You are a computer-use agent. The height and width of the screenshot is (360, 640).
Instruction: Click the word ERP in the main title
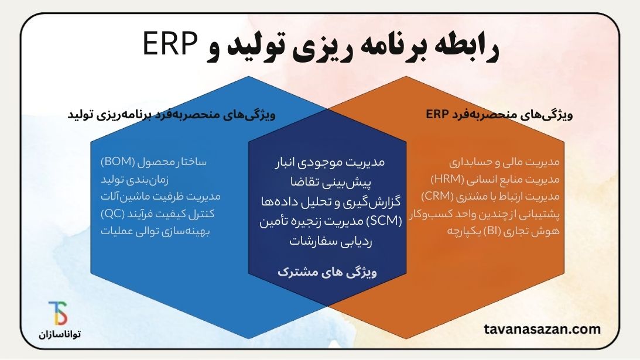pos(170,44)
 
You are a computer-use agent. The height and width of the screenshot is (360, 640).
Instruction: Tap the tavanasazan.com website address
pos(542,329)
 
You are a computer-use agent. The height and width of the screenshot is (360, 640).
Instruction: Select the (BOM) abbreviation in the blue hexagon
pos(118,162)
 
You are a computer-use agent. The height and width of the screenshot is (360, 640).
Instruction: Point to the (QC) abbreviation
pos(112,214)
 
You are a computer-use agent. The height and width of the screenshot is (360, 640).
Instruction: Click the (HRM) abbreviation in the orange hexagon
pos(447,179)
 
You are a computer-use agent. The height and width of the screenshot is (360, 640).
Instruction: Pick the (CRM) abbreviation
pos(437,196)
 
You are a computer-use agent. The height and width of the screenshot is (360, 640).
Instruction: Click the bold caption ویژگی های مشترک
pos(327,272)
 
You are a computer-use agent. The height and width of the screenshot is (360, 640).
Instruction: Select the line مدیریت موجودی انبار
pos(330,162)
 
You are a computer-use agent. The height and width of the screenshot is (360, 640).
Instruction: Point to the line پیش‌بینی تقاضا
pos(331,181)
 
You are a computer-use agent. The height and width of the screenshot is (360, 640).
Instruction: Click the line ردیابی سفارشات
pos(331,241)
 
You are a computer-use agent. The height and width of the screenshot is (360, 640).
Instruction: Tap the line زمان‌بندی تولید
pos(135,180)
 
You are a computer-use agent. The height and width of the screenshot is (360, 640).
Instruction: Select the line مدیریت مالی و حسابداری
pos(504,162)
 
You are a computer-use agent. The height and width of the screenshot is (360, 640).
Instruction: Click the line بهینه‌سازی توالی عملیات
pos(155,231)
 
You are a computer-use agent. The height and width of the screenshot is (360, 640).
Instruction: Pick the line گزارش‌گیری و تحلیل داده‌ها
pos(331,201)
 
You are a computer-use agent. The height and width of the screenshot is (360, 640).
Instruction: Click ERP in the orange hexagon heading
pos(437,114)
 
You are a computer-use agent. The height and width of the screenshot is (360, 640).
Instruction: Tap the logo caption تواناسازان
pos(60,334)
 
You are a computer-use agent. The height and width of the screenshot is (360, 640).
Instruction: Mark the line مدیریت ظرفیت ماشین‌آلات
pos(160,196)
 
